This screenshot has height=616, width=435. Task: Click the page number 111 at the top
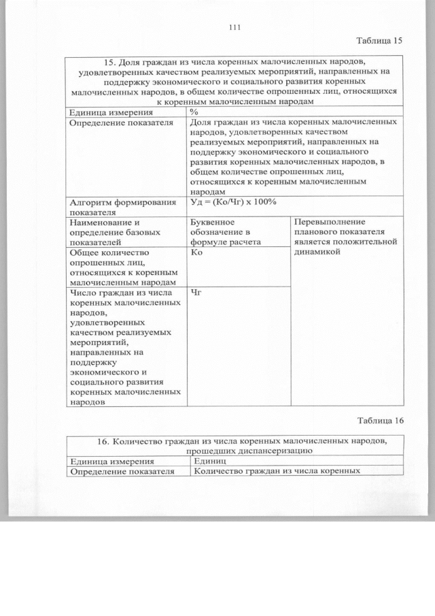[x=236, y=27]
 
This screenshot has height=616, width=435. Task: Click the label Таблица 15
[x=380, y=40]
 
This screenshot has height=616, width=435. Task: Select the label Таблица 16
[x=380, y=420]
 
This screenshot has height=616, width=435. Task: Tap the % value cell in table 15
[x=195, y=112]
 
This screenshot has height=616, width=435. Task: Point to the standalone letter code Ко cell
[x=198, y=253]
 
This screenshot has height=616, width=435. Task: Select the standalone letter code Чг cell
[x=198, y=293]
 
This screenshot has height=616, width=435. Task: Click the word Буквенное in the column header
[x=213, y=222]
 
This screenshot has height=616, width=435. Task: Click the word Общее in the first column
[x=87, y=252]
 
